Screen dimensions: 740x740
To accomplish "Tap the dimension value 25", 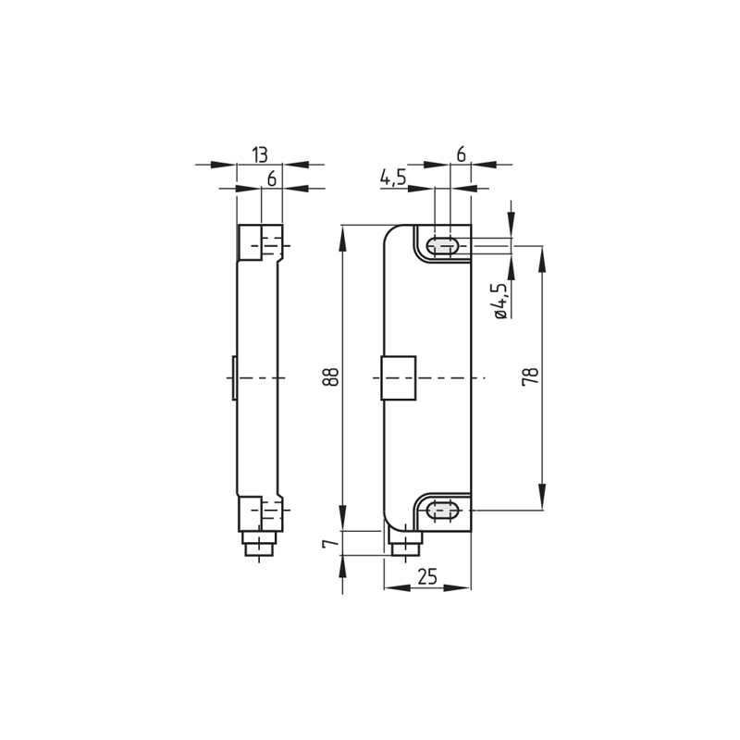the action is (427, 576).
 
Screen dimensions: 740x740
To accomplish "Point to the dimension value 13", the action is (260, 154).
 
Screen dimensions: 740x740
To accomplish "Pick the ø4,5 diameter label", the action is (500, 302).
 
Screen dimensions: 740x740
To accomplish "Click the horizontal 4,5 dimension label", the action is (392, 178).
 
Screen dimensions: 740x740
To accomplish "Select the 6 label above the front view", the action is (461, 154).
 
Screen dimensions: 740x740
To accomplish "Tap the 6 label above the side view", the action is (271, 179).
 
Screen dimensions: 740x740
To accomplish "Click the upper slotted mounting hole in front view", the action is (442, 246).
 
